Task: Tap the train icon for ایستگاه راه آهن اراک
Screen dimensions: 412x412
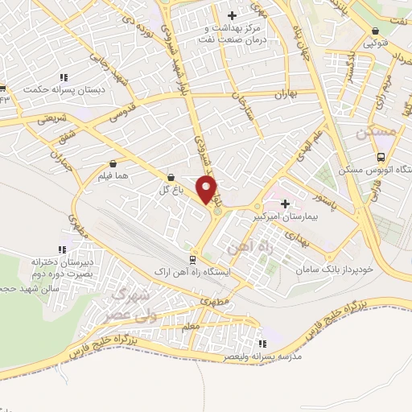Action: [192, 259]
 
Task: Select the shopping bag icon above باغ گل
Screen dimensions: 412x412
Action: [171, 178]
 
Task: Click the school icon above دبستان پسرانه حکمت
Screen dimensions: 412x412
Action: [64, 78]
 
